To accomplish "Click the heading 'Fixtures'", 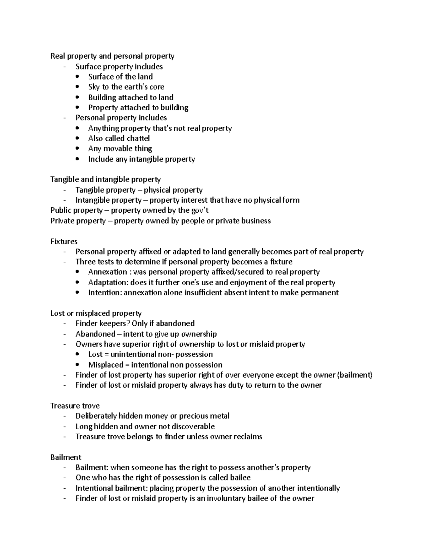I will [64, 241].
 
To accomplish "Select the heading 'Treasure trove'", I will [75, 406].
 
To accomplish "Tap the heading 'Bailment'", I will [66, 457].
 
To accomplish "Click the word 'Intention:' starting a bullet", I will [105, 292].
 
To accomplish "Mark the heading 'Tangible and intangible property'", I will [105, 179].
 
